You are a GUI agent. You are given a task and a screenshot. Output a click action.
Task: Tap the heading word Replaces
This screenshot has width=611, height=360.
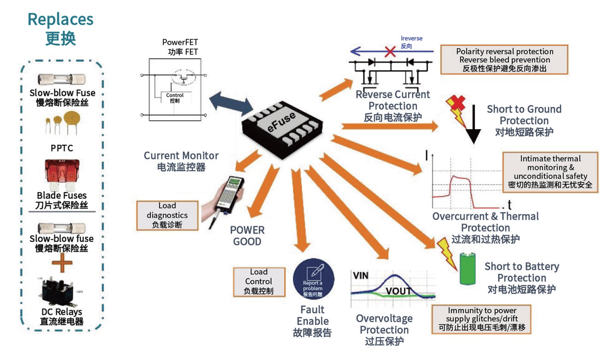pos(60,19)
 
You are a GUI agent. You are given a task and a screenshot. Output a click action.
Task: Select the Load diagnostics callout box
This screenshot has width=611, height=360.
pos(167,215)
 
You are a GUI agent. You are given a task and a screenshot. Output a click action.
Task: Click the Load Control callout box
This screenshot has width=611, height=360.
pos(258,282)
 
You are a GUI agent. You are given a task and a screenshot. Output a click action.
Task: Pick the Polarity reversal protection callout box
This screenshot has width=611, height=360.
pos(504,60)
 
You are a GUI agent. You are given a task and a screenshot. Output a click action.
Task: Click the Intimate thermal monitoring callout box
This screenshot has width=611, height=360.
pos(550,172)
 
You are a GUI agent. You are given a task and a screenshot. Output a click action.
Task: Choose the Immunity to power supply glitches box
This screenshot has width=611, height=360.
pos(482,319)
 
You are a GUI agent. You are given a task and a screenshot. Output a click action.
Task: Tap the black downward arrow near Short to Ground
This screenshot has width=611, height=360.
pos(473,124)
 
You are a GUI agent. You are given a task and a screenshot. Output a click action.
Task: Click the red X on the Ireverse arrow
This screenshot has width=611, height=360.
pos(390,51)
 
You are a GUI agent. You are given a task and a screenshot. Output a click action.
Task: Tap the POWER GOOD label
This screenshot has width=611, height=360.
pos(248,236)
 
